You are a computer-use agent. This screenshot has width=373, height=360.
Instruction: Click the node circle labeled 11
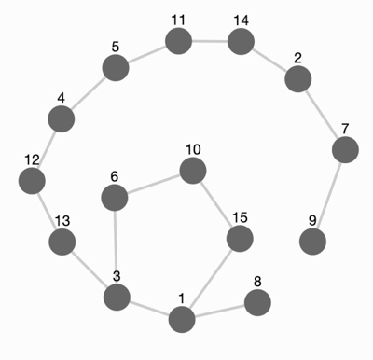(178, 41)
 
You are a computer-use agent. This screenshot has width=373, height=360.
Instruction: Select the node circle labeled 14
(241, 41)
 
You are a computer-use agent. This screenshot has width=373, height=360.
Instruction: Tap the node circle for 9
(312, 242)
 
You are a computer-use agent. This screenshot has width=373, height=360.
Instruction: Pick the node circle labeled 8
(257, 302)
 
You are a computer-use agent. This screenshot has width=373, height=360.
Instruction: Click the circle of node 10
(193, 171)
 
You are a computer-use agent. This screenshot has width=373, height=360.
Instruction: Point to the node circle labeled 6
(115, 198)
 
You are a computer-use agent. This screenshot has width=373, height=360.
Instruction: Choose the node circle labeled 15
(240, 239)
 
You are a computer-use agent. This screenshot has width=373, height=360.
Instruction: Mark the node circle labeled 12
(32, 181)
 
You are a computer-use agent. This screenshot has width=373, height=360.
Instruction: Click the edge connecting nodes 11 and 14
(210, 41)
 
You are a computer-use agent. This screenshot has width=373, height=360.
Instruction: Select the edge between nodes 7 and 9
(329, 196)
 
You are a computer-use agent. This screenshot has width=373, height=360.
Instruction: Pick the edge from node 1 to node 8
(220, 311)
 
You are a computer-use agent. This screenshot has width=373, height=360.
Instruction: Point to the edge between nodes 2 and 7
(322, 115)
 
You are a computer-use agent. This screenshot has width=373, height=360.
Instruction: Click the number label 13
(62, 221)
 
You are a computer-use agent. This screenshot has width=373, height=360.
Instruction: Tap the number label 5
(116, 48)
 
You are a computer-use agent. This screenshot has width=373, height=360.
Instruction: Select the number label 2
(297, 59)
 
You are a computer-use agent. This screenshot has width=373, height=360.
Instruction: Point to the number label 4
(62, 98)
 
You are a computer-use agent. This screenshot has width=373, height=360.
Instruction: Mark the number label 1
(182, 298)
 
